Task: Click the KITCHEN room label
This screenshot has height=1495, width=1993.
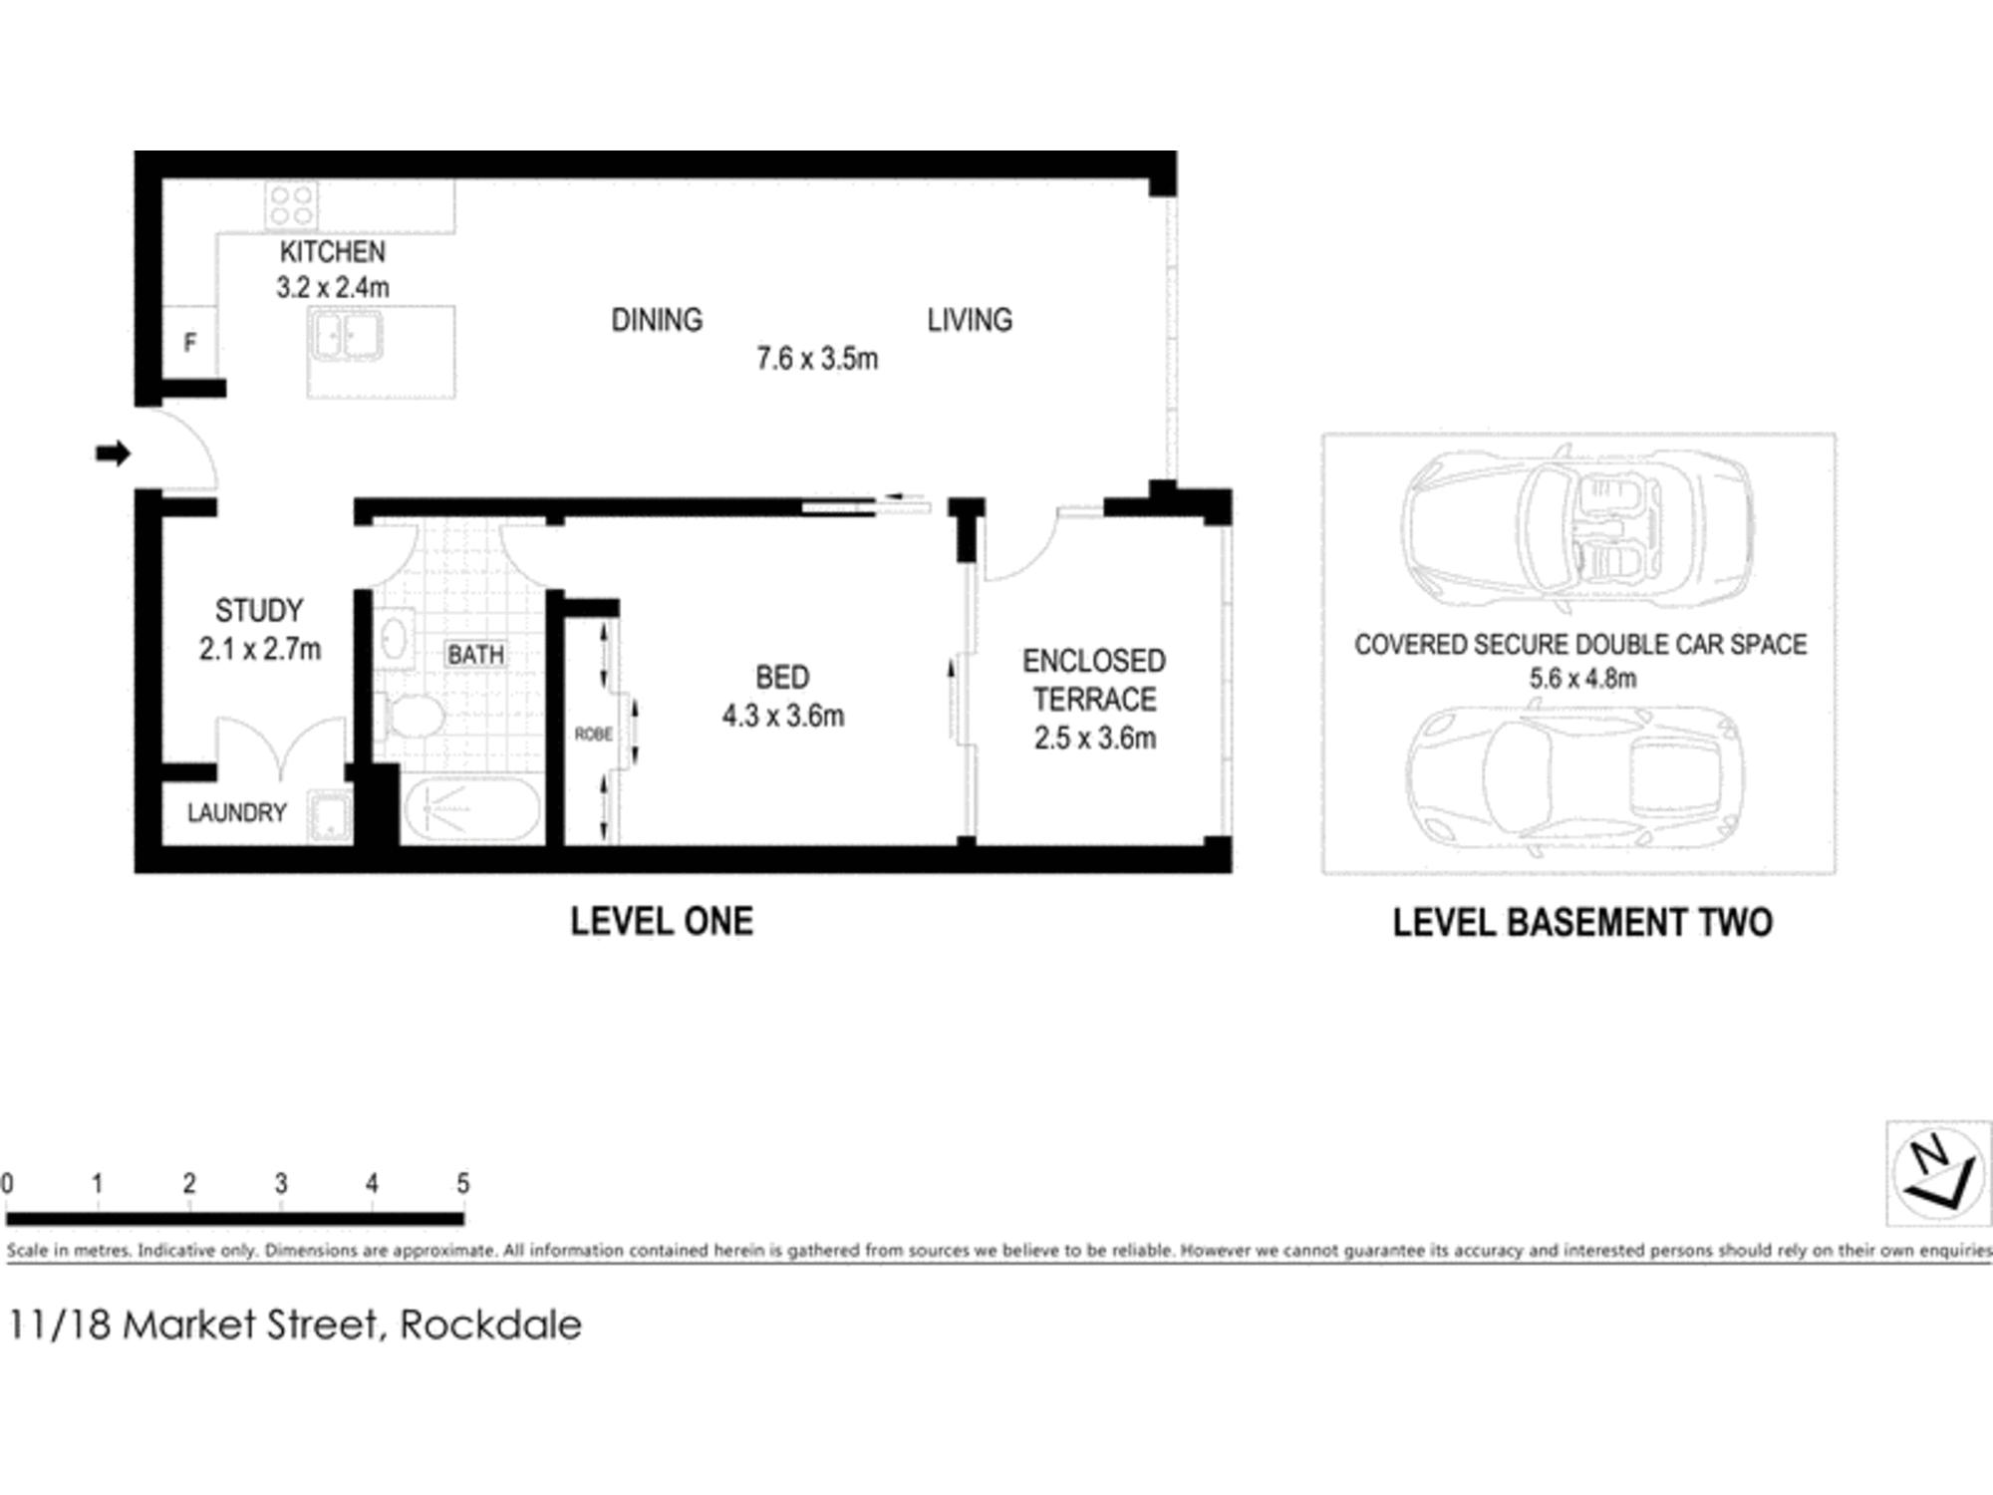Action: (332, 252)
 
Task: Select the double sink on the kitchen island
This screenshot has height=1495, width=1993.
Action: (346, 335)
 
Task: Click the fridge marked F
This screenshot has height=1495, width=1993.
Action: (189, 343)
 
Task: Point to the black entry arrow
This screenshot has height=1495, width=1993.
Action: (113, 453)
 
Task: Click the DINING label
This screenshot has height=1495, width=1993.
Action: (656, 320)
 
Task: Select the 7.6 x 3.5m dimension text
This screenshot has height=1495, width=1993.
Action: (816, 359)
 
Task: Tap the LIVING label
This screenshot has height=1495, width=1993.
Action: (969, 320)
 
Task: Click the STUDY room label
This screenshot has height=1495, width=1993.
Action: (259, 610)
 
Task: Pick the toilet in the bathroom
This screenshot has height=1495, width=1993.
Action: (414, 716)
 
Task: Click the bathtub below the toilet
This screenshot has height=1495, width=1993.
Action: (471, 809)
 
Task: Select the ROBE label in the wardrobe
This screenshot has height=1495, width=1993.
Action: (593, 735)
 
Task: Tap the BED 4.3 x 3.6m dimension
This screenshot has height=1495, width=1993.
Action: (782, 716)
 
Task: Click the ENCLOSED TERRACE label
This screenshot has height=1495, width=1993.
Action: (1093, 680)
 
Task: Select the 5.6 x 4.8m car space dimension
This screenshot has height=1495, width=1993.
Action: (1581, 679)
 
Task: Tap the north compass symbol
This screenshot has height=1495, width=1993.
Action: (1937, 1173)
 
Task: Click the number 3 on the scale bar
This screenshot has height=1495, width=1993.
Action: (281, 1183)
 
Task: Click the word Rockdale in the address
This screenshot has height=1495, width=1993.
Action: (490, 1325)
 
